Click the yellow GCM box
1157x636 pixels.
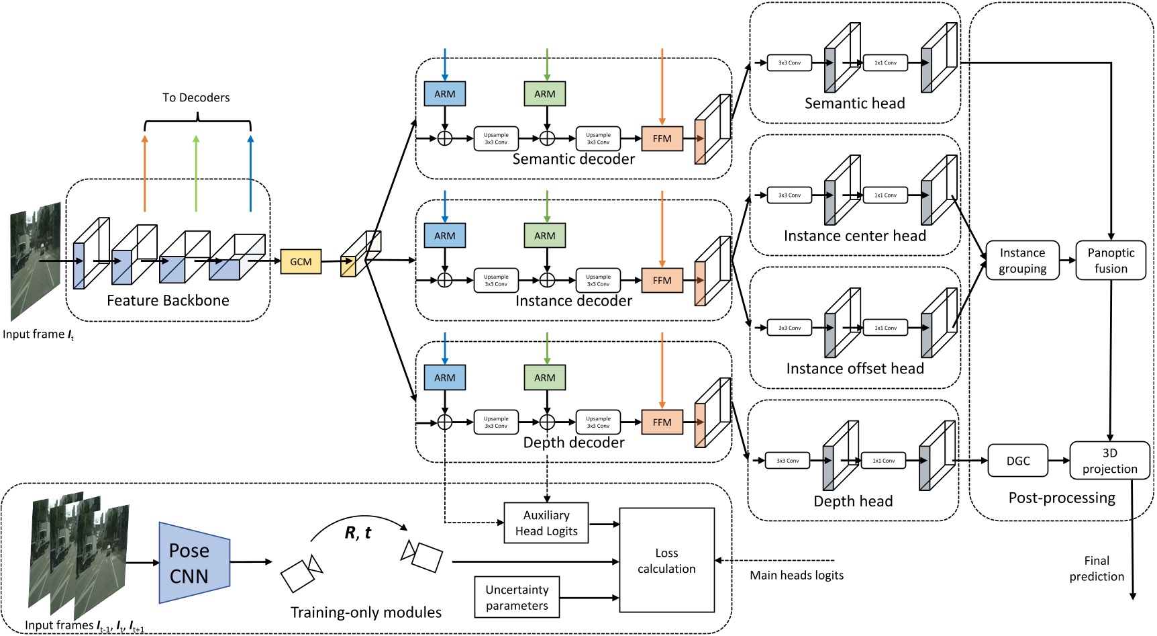301,261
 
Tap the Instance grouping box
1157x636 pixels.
1022,261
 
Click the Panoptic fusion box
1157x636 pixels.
1111,261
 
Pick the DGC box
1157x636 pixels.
1018,461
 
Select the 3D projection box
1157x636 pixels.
1109,461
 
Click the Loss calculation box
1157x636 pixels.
666,560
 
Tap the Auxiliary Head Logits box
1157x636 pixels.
546,523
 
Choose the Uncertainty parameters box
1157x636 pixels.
517,597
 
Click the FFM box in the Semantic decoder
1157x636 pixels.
662,139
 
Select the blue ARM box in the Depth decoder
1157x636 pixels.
444,377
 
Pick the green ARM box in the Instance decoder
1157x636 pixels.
544,236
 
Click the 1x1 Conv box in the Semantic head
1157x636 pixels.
885,63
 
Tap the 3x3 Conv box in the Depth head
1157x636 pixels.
787,461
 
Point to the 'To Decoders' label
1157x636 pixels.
196,98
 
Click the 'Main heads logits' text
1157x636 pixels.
797,575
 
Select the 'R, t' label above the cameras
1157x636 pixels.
358,533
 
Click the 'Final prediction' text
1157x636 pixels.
1097,568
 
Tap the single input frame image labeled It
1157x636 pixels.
36,262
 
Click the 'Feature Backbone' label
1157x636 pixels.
168,300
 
